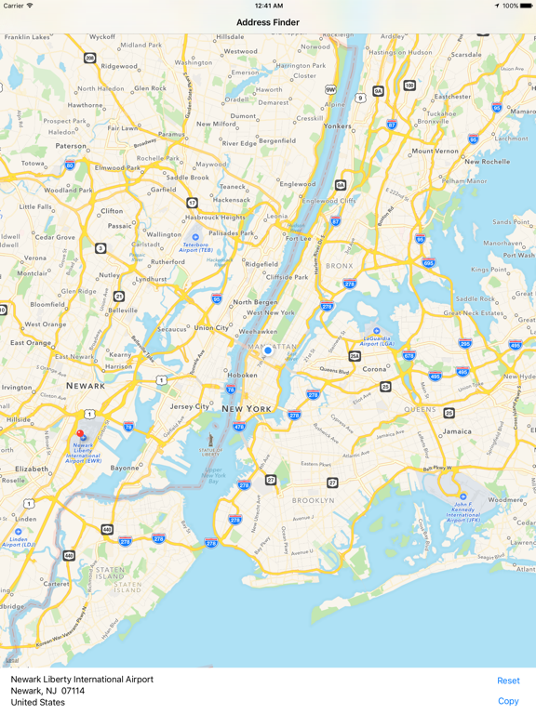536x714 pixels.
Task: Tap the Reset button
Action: tap(508, 681)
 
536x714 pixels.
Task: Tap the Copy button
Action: tap(508, 701)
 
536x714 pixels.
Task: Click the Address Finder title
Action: tap(268, 22)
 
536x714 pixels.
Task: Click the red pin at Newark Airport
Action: tap(80, 433)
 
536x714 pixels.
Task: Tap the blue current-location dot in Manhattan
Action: tap(268, 350)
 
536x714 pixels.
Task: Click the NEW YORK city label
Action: tap(247, 409)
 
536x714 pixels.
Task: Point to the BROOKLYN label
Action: tap(314, 500)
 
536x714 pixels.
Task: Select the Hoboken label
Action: tap(243, 375)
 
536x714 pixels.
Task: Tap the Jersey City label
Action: tap(190, 406)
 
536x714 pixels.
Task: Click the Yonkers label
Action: tap(337, 126)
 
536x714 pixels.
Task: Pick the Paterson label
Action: tap(71, 146)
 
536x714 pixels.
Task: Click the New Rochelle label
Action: tap(488, 161)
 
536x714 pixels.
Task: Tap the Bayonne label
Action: tap(125, 468)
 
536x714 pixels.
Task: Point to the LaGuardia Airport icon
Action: tap(377, 331)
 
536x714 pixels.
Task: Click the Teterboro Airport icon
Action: tap(195, 238)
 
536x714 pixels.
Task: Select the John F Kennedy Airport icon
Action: tap(462, 496)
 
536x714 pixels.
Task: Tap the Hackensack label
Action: tap(232, 200)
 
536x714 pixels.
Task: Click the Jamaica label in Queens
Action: tap(458, 431)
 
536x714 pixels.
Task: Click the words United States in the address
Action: tap(38, 703)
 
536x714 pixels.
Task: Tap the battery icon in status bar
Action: tap(527, 6)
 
